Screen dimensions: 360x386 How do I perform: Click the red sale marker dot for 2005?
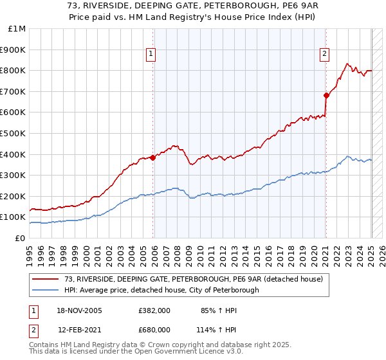pos(153,157)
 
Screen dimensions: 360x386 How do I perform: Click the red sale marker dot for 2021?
pos(326,95)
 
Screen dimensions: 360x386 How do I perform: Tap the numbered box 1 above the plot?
pos(151,55)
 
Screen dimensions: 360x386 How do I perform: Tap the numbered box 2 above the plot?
pos(324,55)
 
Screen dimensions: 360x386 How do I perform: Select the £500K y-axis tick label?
pos(14,133)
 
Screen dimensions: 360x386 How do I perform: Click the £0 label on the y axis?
pos(20,238)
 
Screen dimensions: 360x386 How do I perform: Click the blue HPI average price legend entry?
pos(161,290)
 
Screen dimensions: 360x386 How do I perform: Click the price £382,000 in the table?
pos(154,310)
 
